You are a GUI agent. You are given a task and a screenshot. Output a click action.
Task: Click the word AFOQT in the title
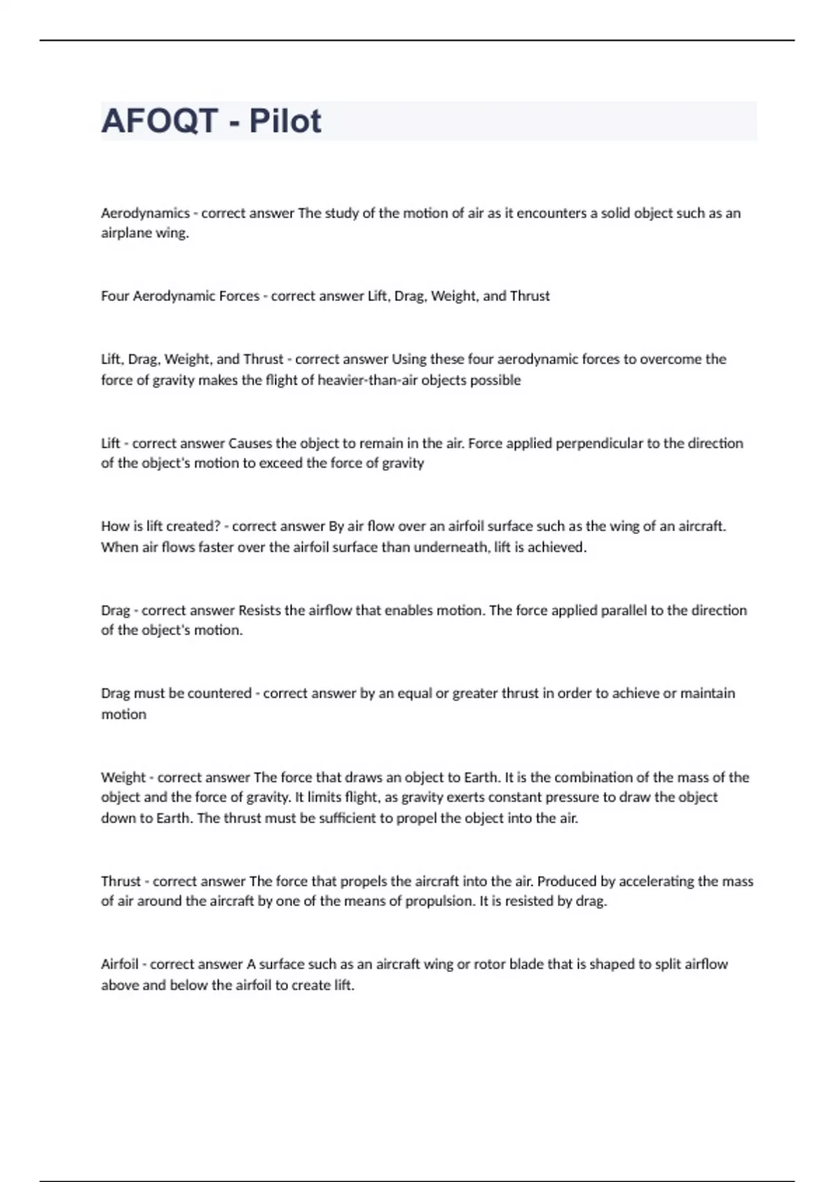pyautogui.click(x=159, y=121)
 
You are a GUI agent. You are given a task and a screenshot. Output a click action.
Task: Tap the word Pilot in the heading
pyautogui.click(x=285, y=121)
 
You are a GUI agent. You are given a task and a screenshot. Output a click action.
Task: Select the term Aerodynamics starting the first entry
pyautogui.click(x=145, y=213)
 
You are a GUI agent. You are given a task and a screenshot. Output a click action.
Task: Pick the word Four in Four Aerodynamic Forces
pyautogui.click(x=115, y=296)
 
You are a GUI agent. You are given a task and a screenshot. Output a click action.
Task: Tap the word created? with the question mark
pyautogui.click(x=193, y=526)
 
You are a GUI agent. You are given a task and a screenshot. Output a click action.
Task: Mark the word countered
pyautogui.click(x=219, y=693)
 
